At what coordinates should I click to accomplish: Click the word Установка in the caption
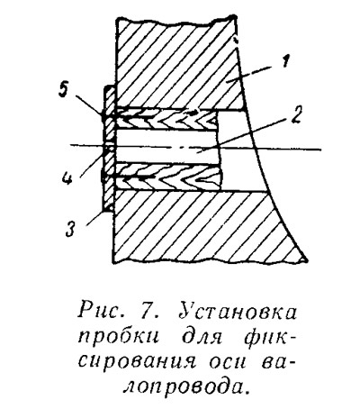238,313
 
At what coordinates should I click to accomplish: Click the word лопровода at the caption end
187,387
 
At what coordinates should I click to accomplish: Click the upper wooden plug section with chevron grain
166,118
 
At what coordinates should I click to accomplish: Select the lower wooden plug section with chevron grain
167,177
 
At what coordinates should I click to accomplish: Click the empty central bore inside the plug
166,146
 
